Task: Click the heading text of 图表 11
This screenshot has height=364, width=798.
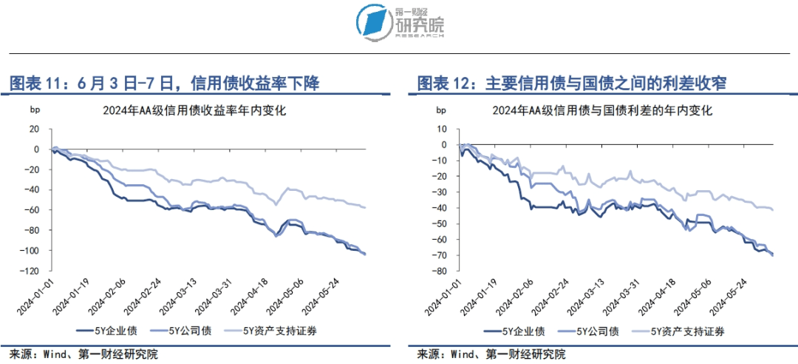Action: click(163, 83)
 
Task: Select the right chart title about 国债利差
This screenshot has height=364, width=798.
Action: click(603, 112)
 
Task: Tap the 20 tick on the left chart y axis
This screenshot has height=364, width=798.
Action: click(33, 129)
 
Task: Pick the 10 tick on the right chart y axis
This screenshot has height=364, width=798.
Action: click(443, 128)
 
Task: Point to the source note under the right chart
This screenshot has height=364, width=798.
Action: click(491, 354)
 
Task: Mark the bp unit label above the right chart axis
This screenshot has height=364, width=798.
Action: click(442, 111)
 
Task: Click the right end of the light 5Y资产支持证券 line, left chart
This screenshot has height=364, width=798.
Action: click(365, 207)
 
